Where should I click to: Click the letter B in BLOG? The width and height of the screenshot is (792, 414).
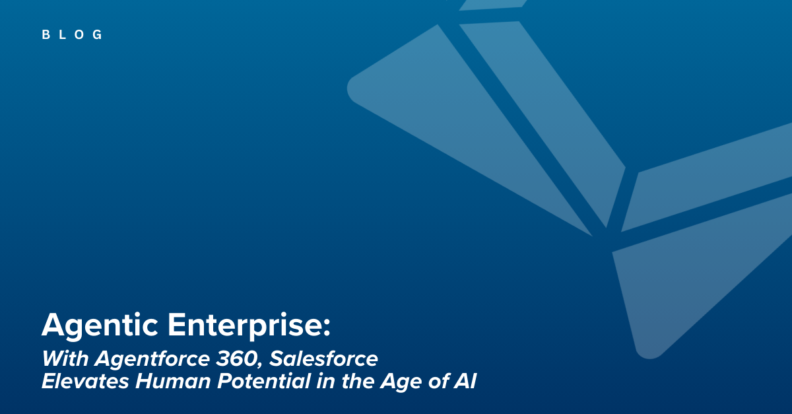coord(46,35)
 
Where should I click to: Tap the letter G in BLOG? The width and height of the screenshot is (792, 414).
coord(97,35)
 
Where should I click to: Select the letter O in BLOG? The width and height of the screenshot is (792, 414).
coord(80,35)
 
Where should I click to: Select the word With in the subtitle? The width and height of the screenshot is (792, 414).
coord(65,359)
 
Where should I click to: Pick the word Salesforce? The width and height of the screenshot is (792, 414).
coord(323,359)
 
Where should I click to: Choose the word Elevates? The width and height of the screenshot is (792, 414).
coord(85,382)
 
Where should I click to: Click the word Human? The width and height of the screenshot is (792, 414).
coord(173,382)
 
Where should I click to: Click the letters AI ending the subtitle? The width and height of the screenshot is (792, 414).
coord(465,382)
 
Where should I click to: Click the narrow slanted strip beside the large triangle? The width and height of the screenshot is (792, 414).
coord(543,124)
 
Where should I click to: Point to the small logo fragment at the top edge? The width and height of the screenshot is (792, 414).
coord(493,5)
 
